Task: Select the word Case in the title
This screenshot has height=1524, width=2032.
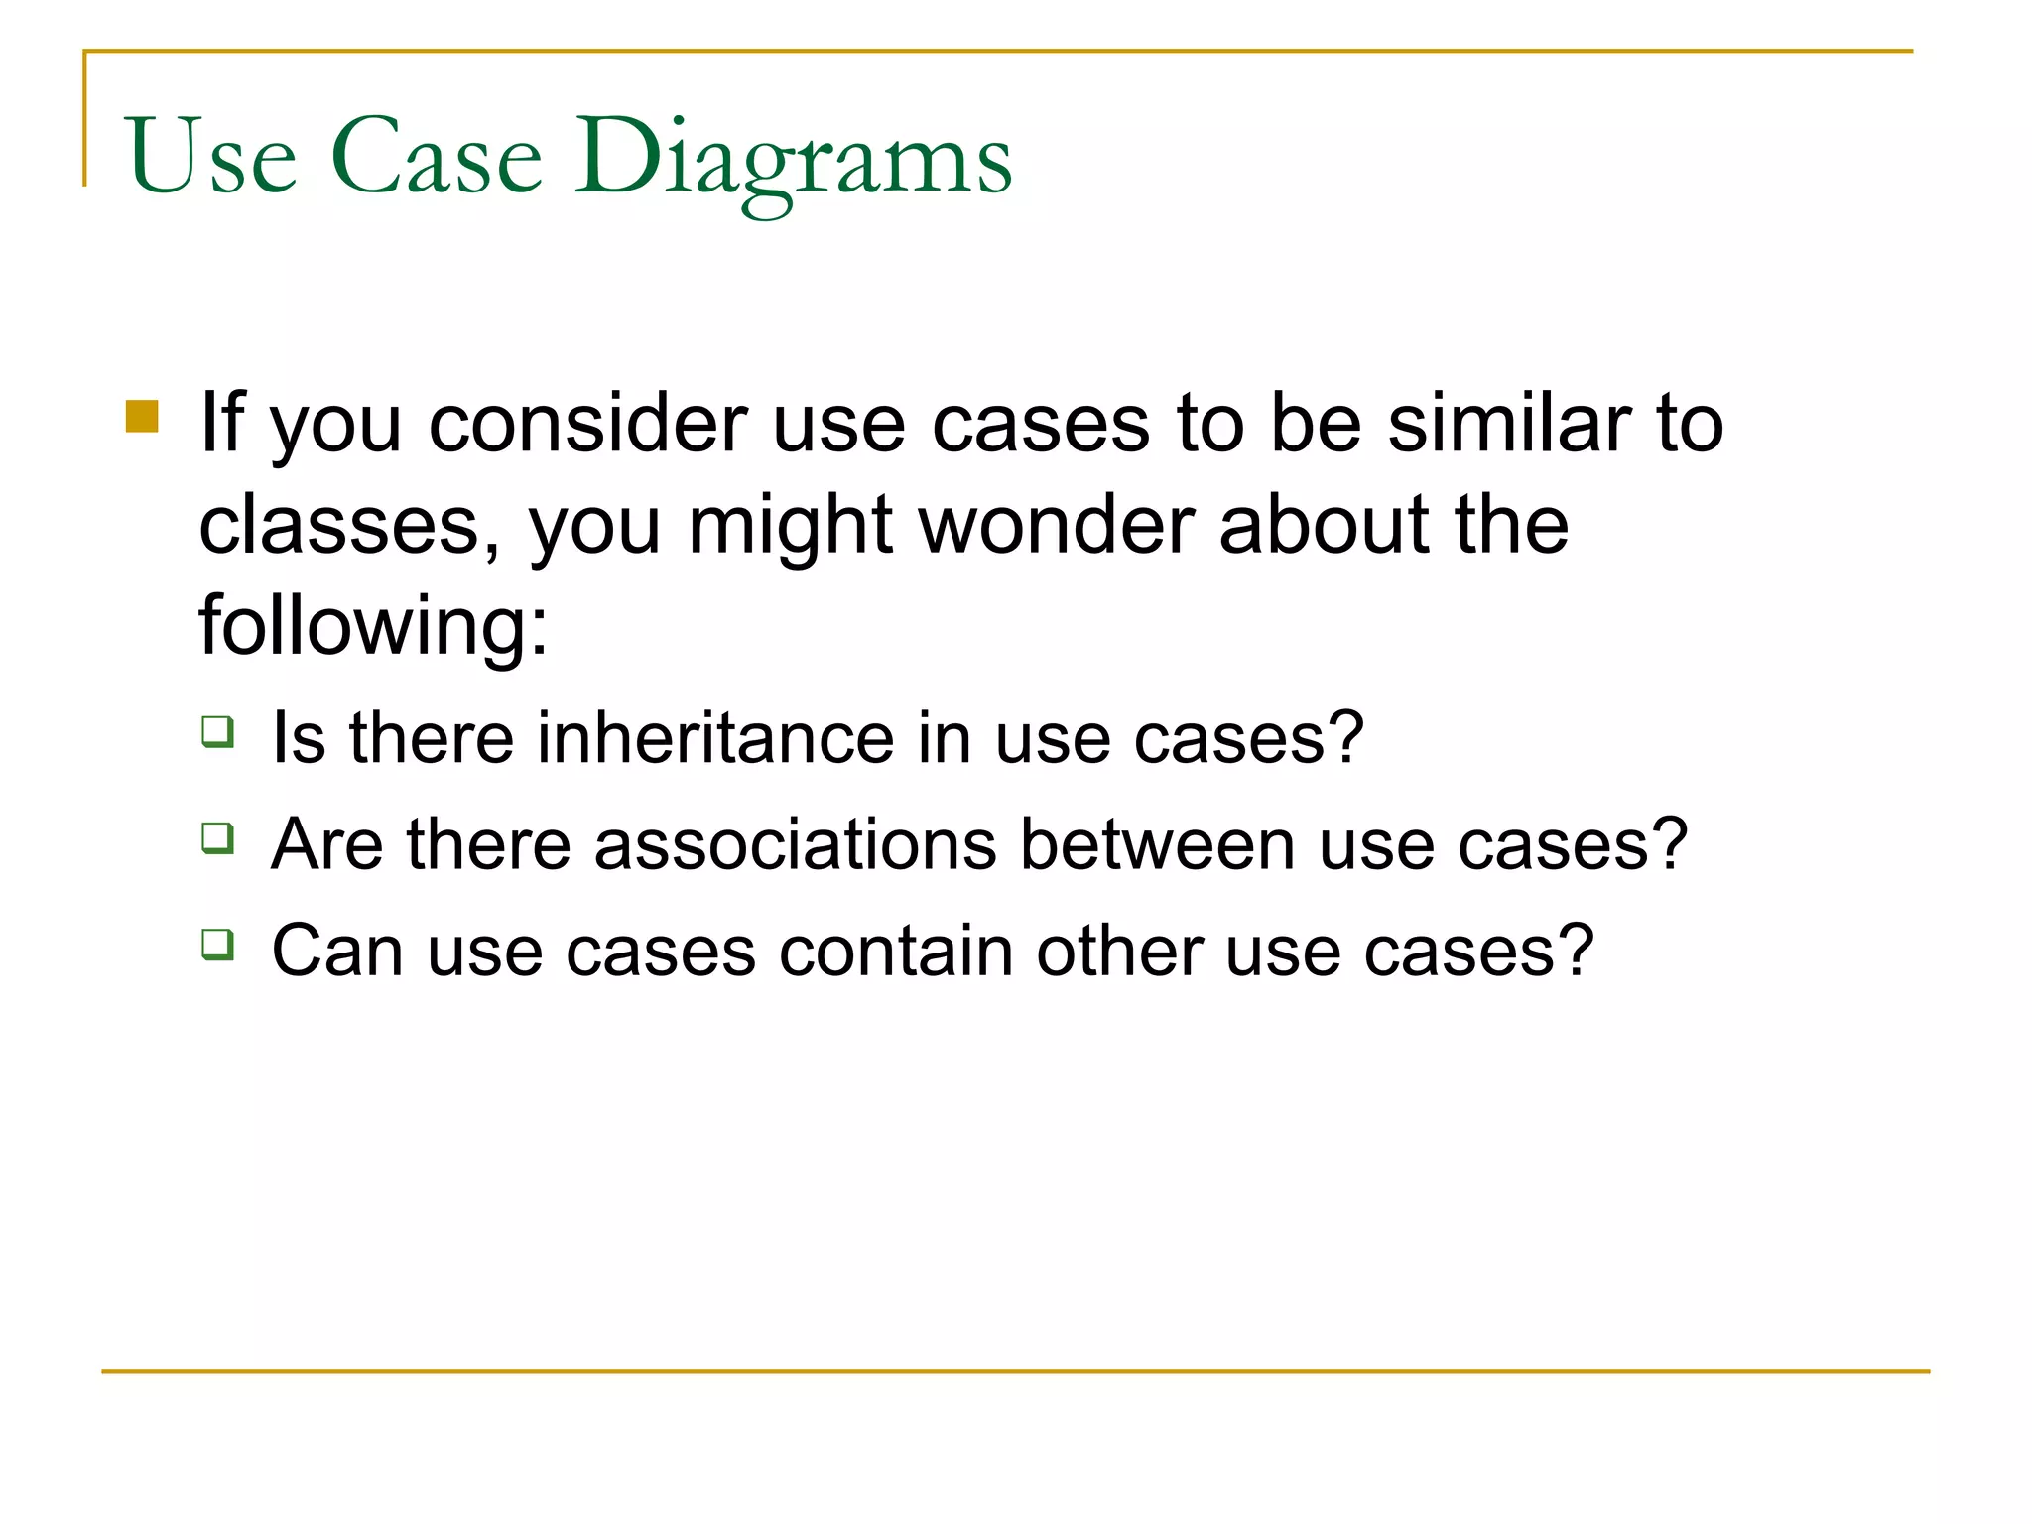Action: pos(437,159)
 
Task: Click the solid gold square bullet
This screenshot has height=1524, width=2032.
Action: pos(143,417)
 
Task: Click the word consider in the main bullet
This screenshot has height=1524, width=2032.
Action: pos(587,425)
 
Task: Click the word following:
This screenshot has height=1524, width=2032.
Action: pos(373,627)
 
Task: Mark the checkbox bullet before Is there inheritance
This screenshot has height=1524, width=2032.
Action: pos(218,732)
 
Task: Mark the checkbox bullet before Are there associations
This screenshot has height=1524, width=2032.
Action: pos(218,838)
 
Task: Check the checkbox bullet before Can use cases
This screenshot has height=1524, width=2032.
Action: pos(218,945)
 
